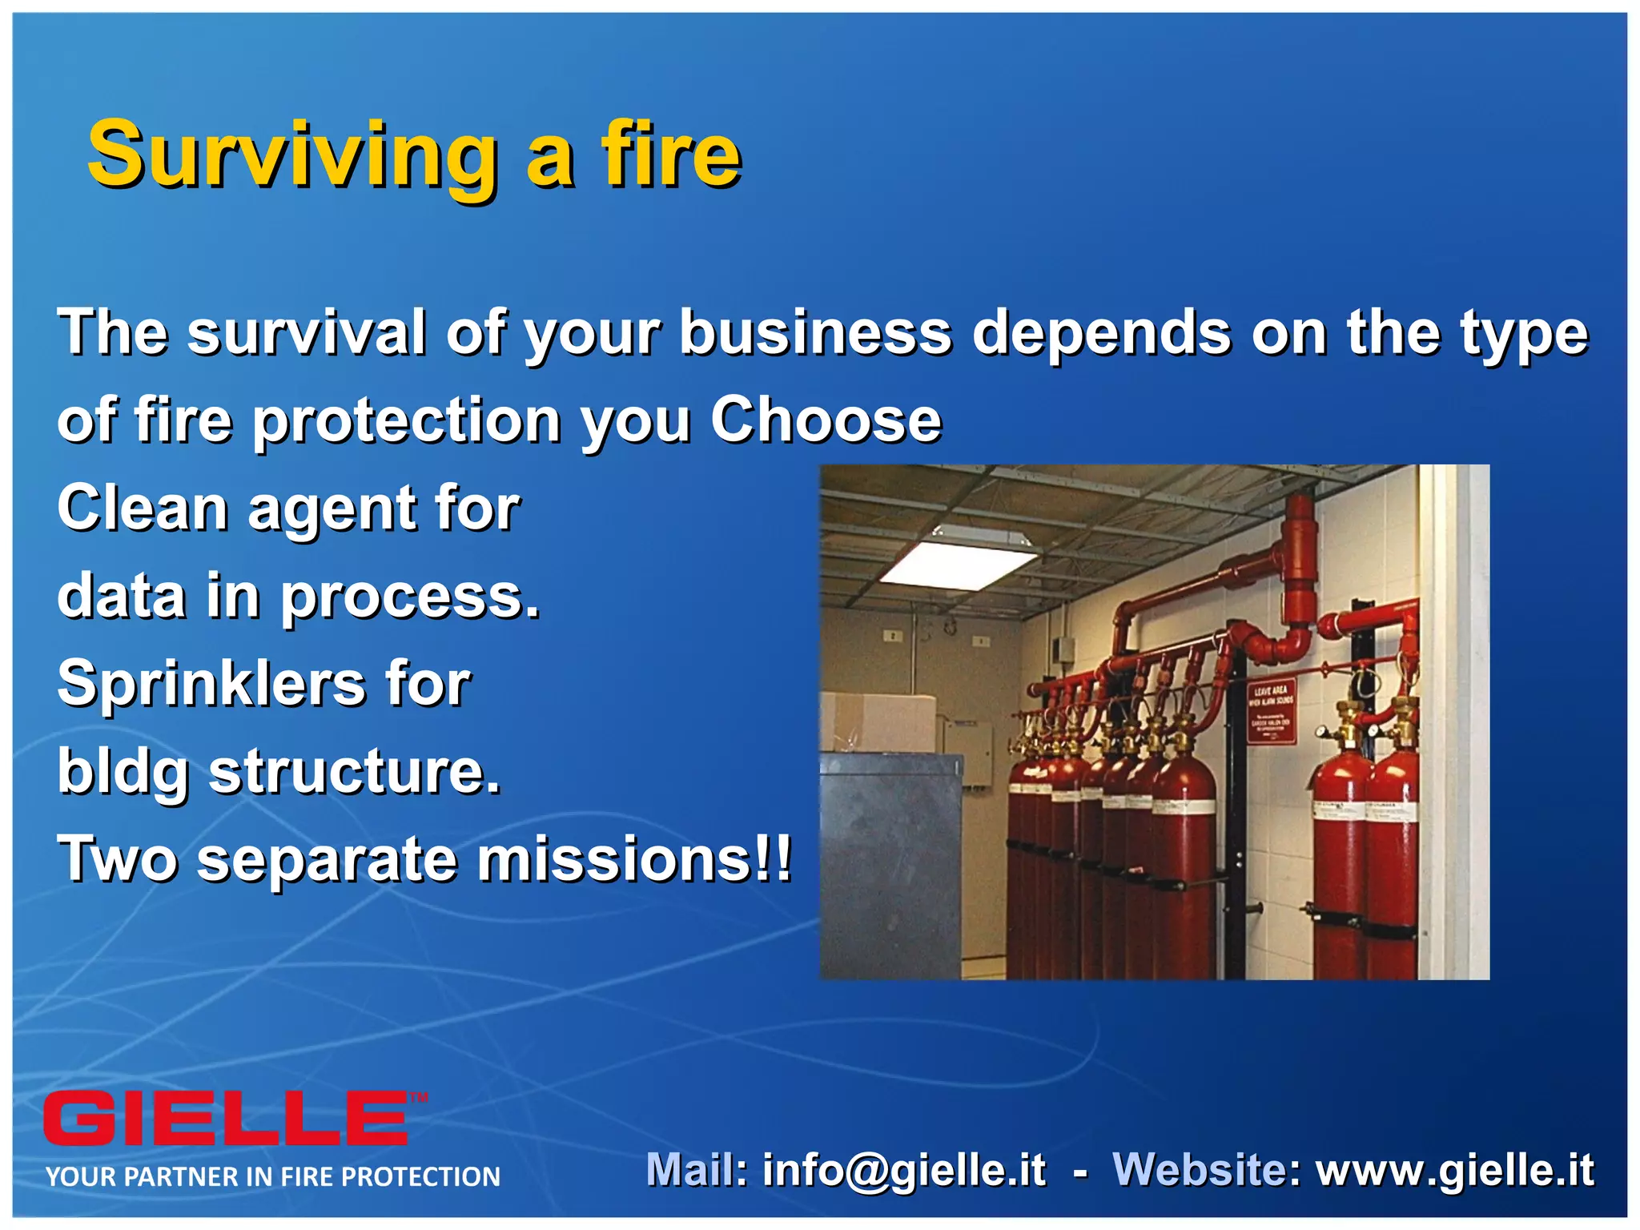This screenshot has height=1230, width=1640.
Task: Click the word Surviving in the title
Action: (292, 154)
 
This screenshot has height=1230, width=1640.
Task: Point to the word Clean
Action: (143, 508)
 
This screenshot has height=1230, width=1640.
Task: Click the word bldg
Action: (122, 772)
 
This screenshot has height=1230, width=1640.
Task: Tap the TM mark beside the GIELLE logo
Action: (419, 1098)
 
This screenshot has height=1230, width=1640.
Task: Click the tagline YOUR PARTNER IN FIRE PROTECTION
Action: (272, 1176)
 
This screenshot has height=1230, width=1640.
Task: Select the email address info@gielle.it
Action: (903, 1170)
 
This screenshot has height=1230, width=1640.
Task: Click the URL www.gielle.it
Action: (1455, 1170)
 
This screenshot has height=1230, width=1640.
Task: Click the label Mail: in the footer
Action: (697, 1170)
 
